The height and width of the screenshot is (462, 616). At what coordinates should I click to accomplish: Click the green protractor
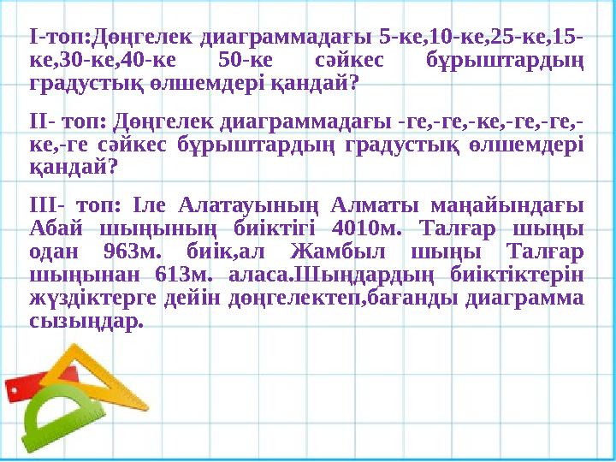click(x=81, y=419)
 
